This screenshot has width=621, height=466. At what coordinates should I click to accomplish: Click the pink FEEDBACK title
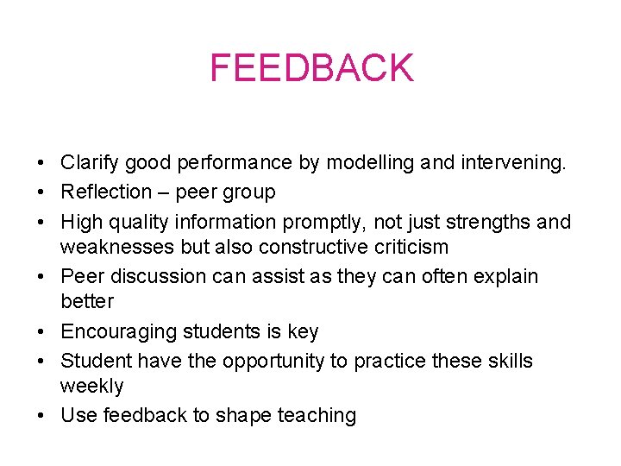tap(311, 68)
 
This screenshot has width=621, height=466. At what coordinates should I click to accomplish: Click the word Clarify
tap(88, 162)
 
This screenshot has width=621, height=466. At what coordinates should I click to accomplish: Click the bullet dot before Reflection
tap(41, 192)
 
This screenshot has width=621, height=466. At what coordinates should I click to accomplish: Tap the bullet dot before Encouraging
tap(41, 332)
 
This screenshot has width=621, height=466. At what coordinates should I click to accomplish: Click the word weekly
tap(91, 386)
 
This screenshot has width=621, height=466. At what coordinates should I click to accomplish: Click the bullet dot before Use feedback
tap(41, 416)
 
